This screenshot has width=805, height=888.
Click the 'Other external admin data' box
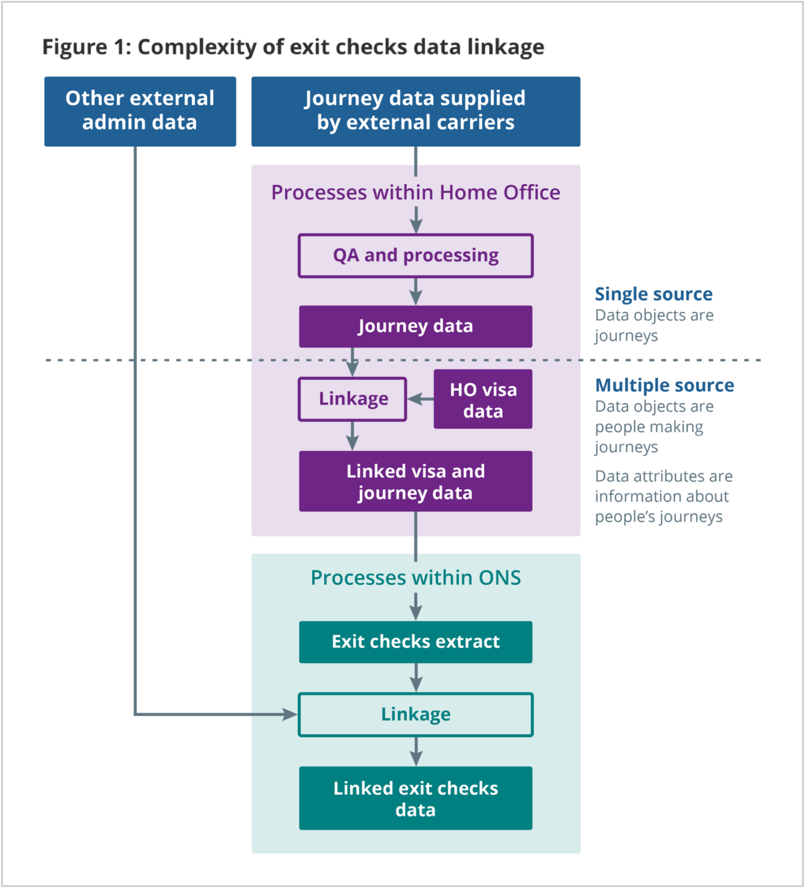click(x=140, y=111)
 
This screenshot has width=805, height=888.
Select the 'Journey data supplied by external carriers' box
click(x=416, y=111)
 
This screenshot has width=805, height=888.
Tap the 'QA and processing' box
click(x=416, y=256)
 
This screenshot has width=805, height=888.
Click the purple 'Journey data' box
click(x=416, y=326)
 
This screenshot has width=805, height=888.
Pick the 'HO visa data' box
click(x=482, y=399)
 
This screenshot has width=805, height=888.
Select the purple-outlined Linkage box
click(x=352, y=399)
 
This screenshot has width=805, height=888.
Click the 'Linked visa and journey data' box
click(x=416, y=481)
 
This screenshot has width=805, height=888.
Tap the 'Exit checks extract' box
click(x=416, y=642)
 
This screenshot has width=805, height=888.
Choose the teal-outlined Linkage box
click(x=416, y=714)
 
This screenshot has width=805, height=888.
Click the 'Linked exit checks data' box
click(x=416, y=798)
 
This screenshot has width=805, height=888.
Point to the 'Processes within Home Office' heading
click(x=416, y=193)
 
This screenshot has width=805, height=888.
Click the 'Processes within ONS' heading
click(x=416, y=578)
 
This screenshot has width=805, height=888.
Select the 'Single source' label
click(x=653, y=294)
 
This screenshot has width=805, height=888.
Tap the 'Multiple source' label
click(x=664, y=385)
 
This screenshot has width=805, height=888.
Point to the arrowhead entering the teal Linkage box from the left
click(x=290, y=714)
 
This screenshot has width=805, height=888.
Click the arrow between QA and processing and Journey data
click(x=416, y=292)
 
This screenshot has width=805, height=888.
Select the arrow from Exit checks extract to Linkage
click(x=416, y=679)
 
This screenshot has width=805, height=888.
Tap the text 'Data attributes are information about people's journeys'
click(x=663, y=496)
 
